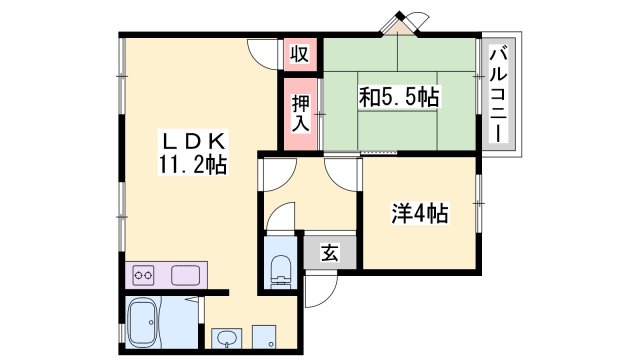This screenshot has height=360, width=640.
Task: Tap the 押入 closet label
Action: click(299, 112)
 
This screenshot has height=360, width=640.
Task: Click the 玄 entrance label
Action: click(329, 253)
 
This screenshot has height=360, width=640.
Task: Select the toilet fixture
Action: click(281, 267)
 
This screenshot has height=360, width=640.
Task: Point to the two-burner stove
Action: click(143, 273)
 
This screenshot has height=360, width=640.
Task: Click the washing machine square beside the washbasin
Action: click(264, 337)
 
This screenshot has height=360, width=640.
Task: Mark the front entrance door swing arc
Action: click(319, 289)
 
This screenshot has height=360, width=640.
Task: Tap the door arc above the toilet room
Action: click(283, 218)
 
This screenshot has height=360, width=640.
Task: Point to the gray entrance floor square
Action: click(329, 253)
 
